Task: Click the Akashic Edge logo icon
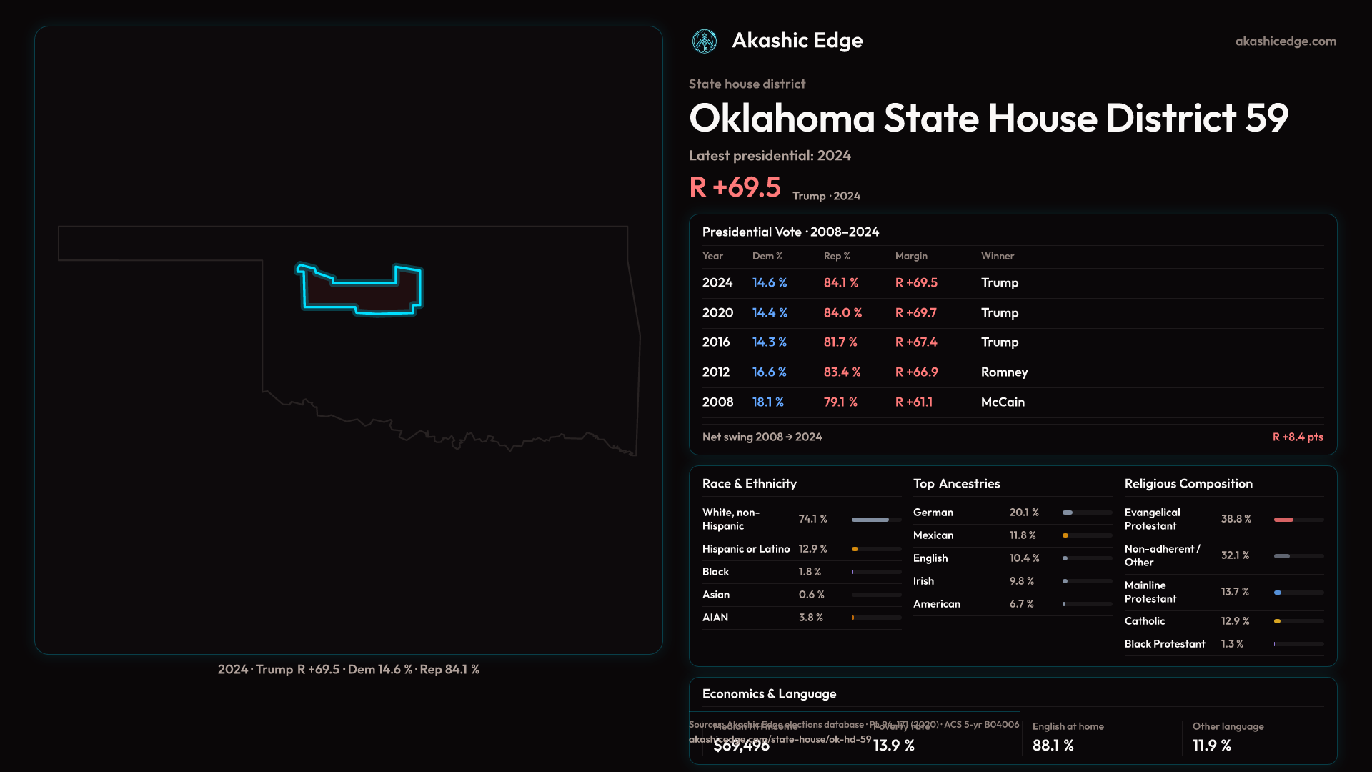pyautogui.click(x=705, y=41)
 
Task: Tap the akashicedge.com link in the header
pyautogui.click(x=1286, y=41)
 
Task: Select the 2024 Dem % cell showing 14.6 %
pyautogui.click(x=770, y=283)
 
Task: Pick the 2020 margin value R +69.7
pyautogui.click(x=915, y=313)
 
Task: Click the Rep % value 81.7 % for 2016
pyautogui.click(x=840, y=342)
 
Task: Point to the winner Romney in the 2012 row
pyautogui.click(x=1004, y=372)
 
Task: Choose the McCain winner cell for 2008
pyautogui.click(x=1003, y=402)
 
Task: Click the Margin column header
pyautogui.click(x=911, y=256)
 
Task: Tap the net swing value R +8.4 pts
pyautogui.click(x=1297, y=437)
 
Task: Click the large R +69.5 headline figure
pyautogui.click(x=735, y=187)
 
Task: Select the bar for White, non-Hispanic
pyautogui.click(x=870, y=520)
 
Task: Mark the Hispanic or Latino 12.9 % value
pyautogui.click(x=812, y=549)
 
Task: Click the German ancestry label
pyautogui.click(x=933, y=513)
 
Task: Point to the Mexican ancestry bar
pyautogui.click(x=1065, y=535)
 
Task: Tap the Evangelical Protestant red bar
pyautogui.click(x=1283, y=520)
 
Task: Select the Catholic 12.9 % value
pyautogui.click(x=1235, y=621)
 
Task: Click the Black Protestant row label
pyautogui.click(x=1164, y=644)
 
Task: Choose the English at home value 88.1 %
pyautogui.click(x=1053, y=746)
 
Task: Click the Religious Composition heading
pyautogui.click(x=1188, y=484)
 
